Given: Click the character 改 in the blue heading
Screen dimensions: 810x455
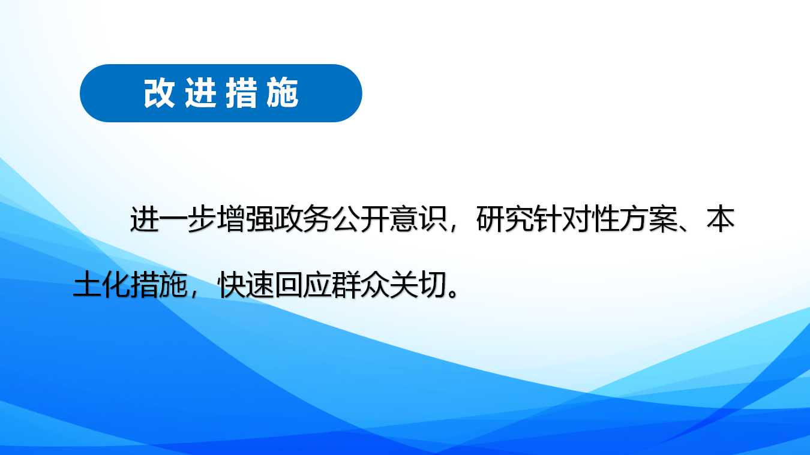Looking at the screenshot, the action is [x=160, y=93].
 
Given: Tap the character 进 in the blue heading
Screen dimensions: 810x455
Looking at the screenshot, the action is [x=200, y=93].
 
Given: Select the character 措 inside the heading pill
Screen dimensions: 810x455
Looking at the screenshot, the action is [x=242, y=93].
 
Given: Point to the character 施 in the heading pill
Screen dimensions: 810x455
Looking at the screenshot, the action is [x=283, y=93].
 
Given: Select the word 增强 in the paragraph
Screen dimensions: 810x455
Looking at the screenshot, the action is [x=245, y=219].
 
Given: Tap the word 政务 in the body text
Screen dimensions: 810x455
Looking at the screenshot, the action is [x=302, y=219].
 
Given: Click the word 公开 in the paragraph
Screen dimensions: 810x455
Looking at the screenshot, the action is [x=361, y=219].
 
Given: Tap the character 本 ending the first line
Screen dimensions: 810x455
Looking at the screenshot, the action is [x=721, y=219].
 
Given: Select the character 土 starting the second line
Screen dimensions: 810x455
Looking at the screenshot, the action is [x=87, y=285].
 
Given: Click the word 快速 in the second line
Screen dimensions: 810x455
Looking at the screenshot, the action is [x=245, y=285].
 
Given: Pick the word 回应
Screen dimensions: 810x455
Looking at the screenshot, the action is [x=303, y=285].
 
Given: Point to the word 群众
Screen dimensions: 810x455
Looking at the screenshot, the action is [x=361, y=285].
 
